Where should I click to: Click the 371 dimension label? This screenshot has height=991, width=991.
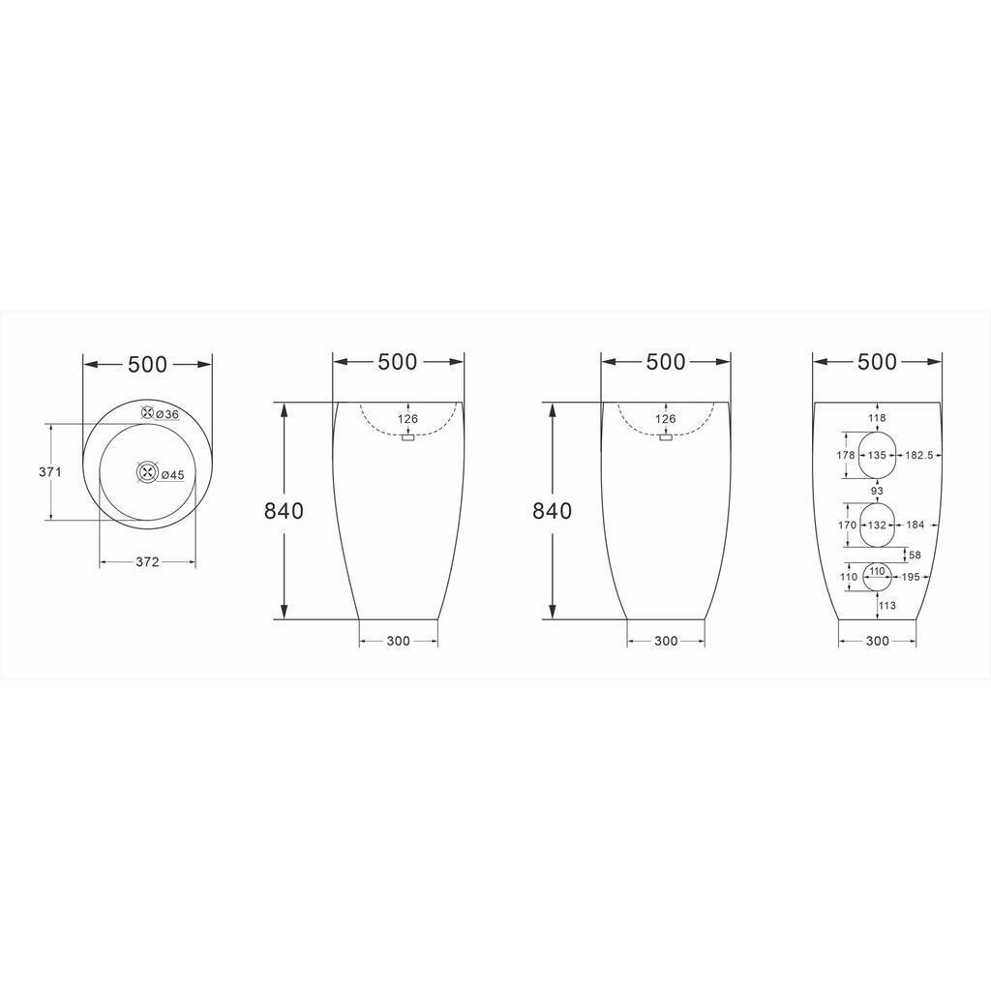[x=50, y=471]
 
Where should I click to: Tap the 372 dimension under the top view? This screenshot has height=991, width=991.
[x=147, y=562]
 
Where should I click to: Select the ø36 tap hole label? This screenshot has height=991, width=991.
[x=166, y=414]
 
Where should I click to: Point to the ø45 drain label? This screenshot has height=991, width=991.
[x=172, y=474]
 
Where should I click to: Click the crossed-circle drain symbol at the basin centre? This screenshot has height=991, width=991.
[x=147, y=472]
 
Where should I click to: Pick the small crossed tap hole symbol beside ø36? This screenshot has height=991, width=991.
[x=147, y=412]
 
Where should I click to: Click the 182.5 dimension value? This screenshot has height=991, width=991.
[x=919, y=455]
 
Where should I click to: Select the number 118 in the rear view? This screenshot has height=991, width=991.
[x=877, y=418]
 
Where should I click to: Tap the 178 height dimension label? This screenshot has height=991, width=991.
[x=845, y=455]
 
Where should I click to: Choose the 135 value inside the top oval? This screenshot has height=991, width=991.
[x=877, y=455]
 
